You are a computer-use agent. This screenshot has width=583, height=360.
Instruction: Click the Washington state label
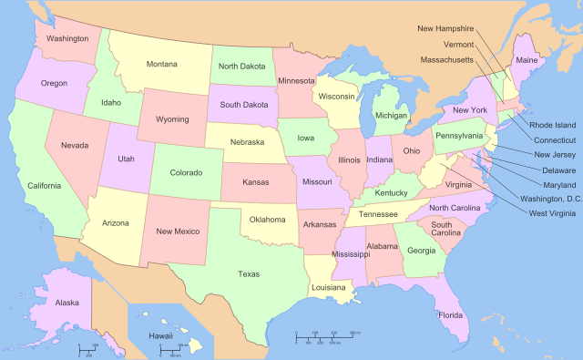click(x=67, y=39)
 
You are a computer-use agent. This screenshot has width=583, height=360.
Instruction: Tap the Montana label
click(x=162, y=64)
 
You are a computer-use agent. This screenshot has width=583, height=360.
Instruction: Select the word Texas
click(x=248, y=273)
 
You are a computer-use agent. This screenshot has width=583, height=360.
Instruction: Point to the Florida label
click(x=449, y=315)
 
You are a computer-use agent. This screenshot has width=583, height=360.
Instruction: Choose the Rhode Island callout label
click(x=553, y=125)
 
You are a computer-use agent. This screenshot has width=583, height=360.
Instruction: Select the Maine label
click(x=527, y=60)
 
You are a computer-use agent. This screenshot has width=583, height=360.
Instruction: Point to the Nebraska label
click(x=246, y=142)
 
